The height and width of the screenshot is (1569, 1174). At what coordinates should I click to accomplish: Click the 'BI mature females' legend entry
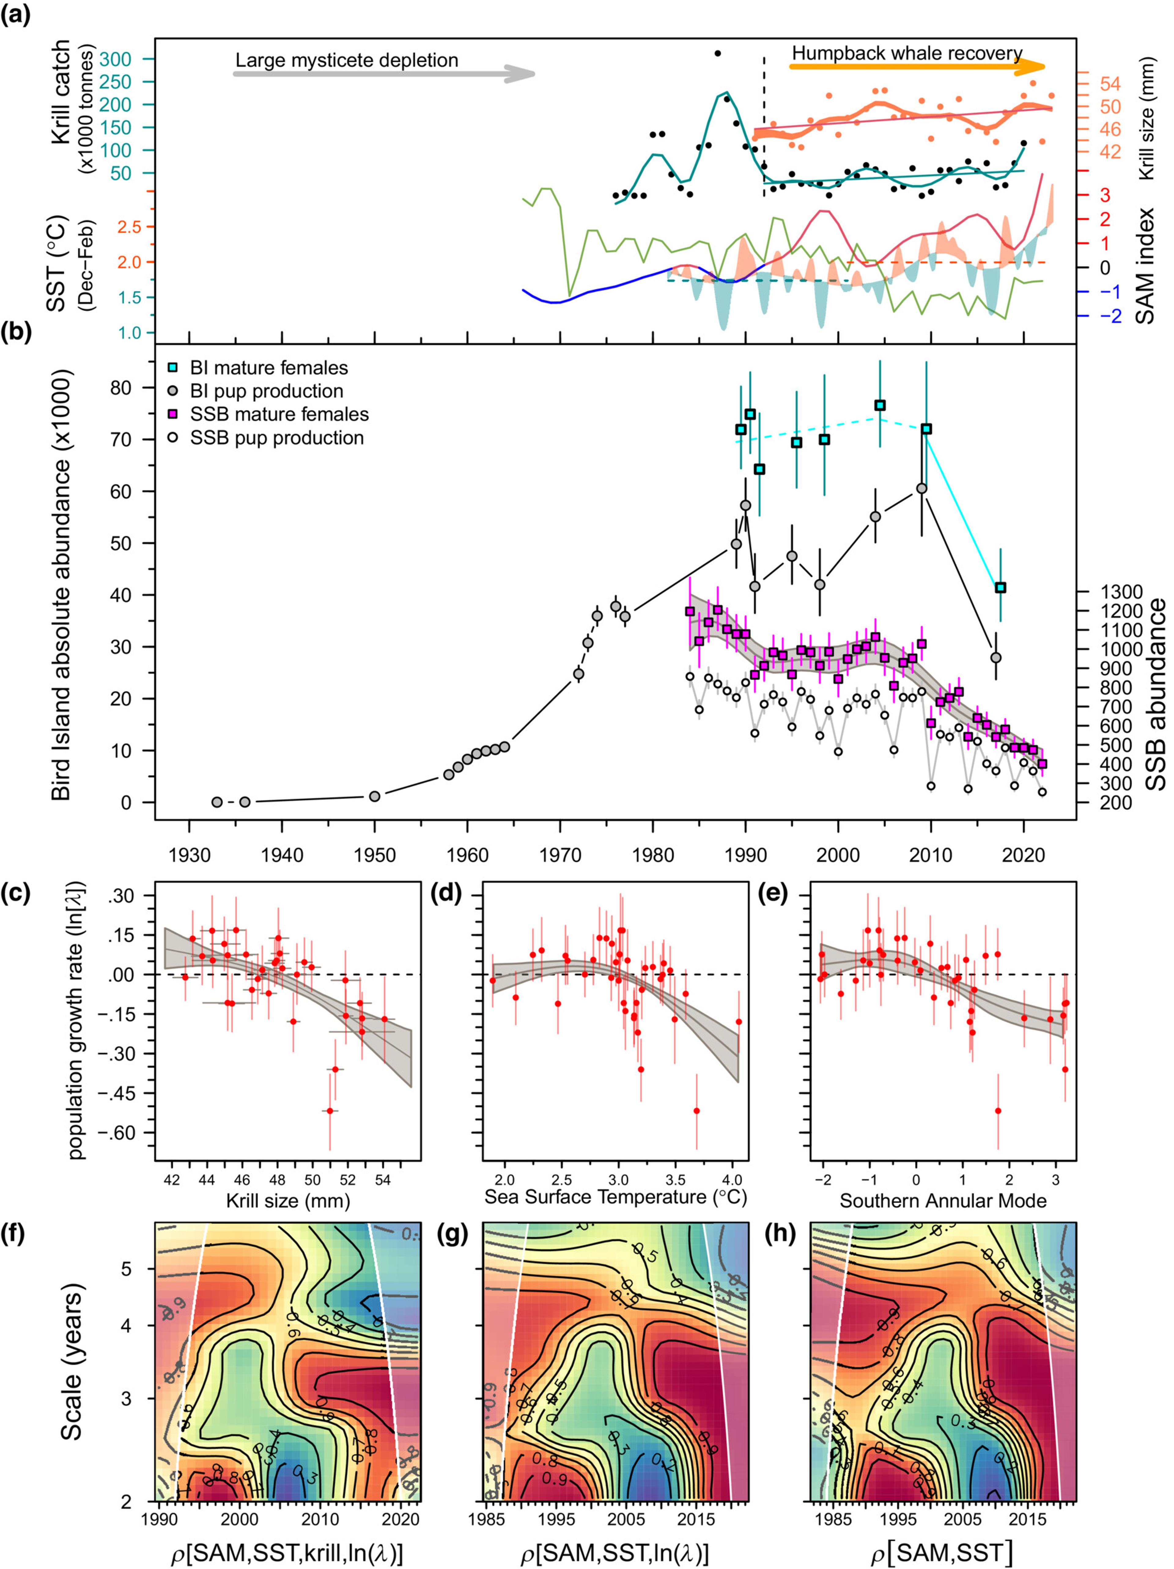[268, 368]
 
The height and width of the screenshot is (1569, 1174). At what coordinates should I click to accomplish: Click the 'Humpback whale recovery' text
[906, 53]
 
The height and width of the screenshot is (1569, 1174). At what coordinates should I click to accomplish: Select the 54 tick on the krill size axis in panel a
[1110, 84]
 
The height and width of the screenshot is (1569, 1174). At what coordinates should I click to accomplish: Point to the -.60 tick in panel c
[128, 1133]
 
